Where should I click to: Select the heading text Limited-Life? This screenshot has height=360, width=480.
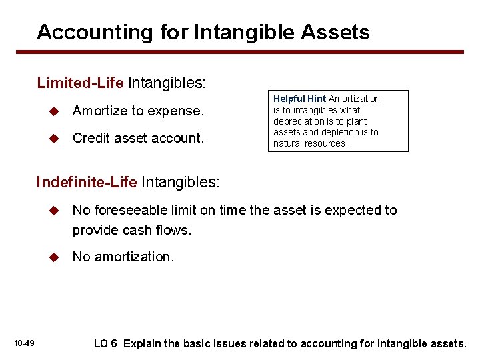(81, 83)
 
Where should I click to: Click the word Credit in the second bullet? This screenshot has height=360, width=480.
(91, 138)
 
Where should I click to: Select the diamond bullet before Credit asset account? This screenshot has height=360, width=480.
(56, 139)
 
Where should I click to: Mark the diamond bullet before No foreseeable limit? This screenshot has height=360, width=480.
(56, 211)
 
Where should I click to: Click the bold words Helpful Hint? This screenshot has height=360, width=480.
(299, 99)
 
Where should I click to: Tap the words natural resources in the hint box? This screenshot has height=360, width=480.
(310, 143)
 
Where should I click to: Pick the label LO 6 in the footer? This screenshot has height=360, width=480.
(105, 343)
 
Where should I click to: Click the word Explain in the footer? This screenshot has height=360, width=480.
(142, 343)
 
